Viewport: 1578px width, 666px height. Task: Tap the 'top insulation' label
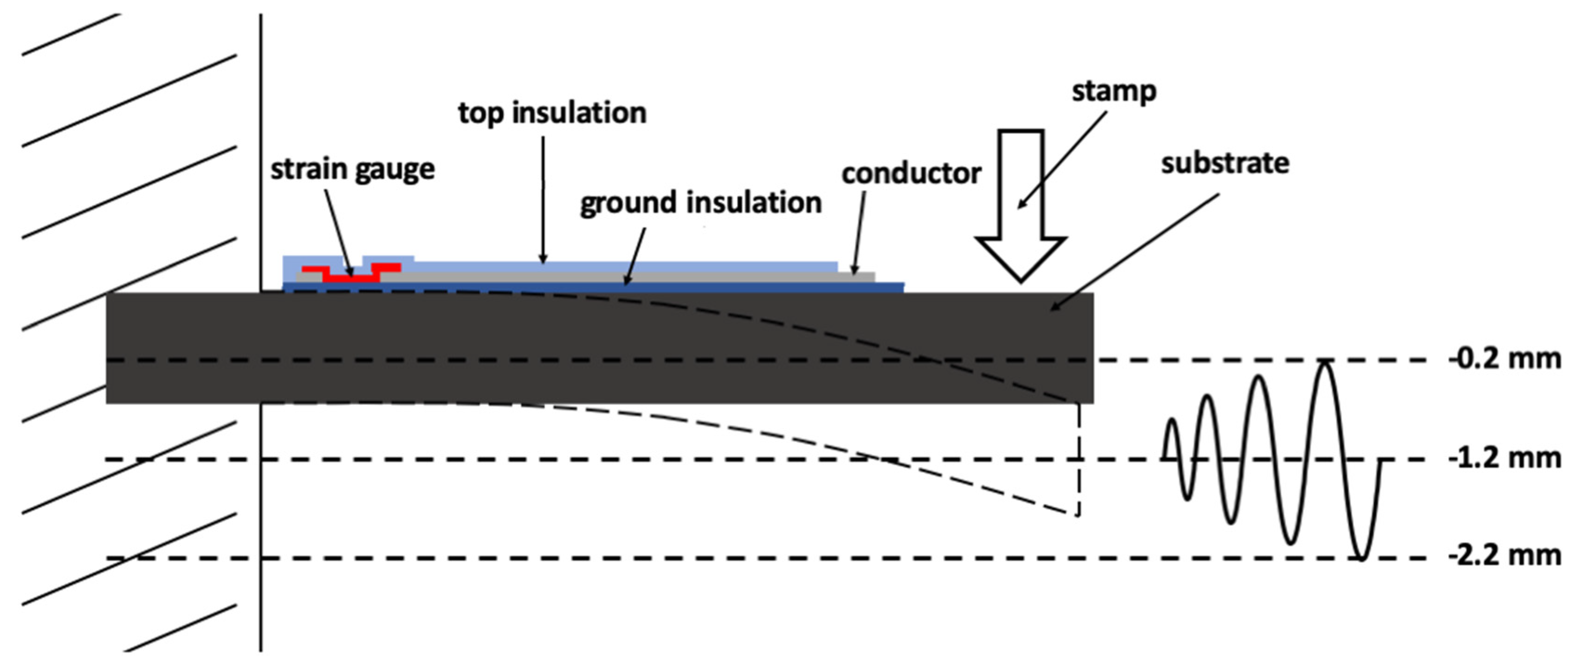[552, 113]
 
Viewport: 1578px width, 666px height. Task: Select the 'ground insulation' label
[701, 203]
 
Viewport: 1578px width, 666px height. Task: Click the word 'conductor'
[911, 174]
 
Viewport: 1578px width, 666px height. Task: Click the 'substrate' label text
[1225, 163]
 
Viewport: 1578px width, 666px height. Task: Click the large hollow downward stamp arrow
[1021, 202]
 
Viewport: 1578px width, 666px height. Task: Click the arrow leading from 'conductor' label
[860, 233]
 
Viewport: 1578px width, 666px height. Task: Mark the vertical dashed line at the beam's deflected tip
[1079, 459]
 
